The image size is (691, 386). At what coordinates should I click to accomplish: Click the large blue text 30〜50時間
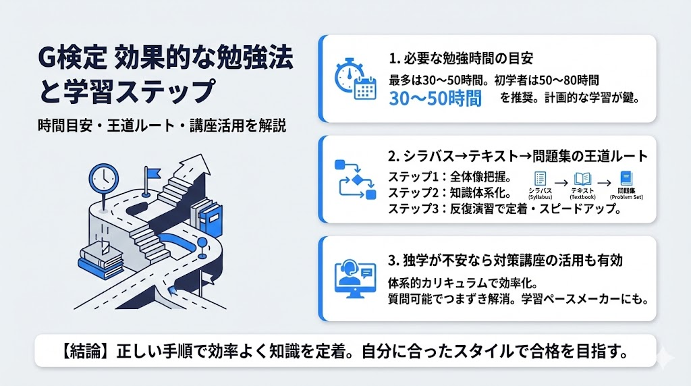435,99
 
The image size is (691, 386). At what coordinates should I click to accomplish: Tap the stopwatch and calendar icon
355,79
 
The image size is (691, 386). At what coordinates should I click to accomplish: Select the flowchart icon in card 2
355,180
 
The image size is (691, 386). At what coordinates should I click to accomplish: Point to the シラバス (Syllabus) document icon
540,180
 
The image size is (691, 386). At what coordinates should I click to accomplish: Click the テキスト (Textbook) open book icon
582,180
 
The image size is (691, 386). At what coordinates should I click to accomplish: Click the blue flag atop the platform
149,174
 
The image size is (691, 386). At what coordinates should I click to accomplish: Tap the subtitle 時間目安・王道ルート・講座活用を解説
162,126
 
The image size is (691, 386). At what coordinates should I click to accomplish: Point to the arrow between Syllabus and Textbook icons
561,181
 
